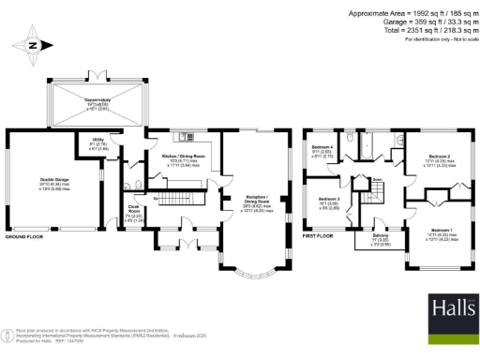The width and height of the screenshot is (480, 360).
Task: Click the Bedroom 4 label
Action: click(323, 151)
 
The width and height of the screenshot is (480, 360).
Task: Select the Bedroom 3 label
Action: click(328, 202)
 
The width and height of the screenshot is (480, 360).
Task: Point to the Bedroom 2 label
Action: click(440, 157)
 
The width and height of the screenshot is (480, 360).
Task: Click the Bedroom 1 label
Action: click(442, 232)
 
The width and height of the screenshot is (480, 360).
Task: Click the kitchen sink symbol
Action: click(184, 134)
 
